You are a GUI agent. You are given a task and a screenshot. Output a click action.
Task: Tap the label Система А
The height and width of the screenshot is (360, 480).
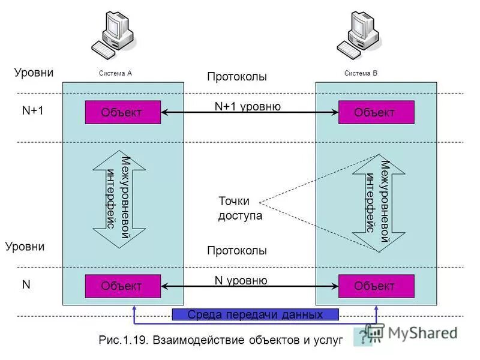tap(115, 73)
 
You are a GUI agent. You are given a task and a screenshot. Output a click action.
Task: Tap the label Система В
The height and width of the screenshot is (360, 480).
tap(361, 73)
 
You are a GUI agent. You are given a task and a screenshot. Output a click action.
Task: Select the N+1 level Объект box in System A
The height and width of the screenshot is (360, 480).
tap(122, 112)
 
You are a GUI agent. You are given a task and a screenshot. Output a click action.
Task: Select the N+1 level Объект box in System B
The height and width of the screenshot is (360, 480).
tap(376, 112)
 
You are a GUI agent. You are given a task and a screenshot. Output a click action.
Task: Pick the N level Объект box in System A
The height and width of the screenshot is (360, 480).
tap(122, 286)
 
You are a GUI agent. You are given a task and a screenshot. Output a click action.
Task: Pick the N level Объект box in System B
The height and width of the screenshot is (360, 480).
tap(376, 286)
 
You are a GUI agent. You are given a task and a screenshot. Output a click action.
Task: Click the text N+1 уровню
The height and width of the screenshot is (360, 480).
tap(247, 106)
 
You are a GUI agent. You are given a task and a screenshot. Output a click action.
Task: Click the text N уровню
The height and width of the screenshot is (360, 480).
tap(241, 280)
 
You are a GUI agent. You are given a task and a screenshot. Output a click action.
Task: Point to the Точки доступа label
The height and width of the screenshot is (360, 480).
tap(240, 208)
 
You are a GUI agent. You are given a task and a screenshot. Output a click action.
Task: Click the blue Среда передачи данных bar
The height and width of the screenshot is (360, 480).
tap(255, 314)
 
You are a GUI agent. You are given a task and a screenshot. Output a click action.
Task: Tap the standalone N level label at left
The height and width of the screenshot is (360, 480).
tap(26, 285)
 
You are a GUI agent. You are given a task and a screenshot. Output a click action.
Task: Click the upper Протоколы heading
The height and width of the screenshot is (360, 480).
tap(236, 77)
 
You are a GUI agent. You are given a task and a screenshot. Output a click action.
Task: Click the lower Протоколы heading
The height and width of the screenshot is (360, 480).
tap(236, 250)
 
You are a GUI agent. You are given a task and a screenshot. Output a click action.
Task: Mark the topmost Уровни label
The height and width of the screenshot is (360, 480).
tap(34, 73)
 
